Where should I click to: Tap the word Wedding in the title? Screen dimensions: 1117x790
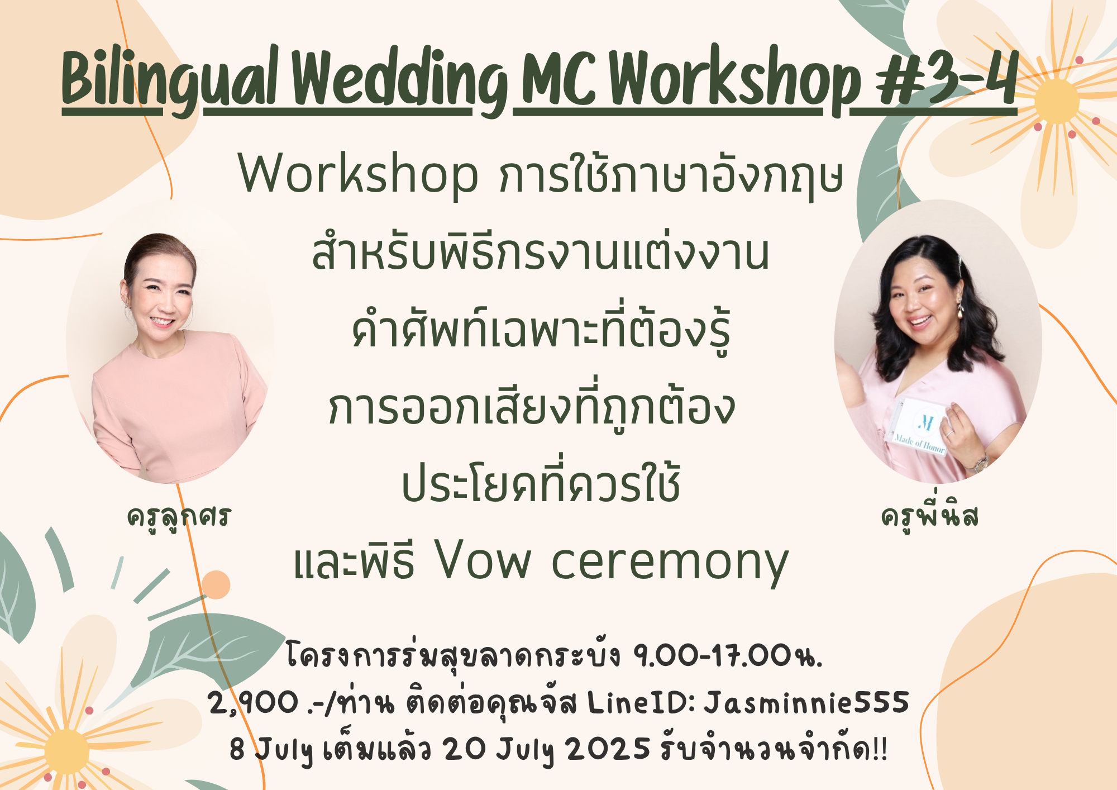(400, 81)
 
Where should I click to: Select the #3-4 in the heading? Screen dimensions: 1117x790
(946, 78)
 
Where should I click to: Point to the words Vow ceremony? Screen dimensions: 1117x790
(612, 561)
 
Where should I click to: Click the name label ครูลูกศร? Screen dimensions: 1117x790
(179, 517)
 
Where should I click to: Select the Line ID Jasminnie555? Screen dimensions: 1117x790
(806, 702)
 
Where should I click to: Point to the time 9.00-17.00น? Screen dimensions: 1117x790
(728, 655)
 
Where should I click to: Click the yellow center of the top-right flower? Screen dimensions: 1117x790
(1056, 101)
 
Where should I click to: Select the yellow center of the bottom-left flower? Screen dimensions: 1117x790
(66, 751)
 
